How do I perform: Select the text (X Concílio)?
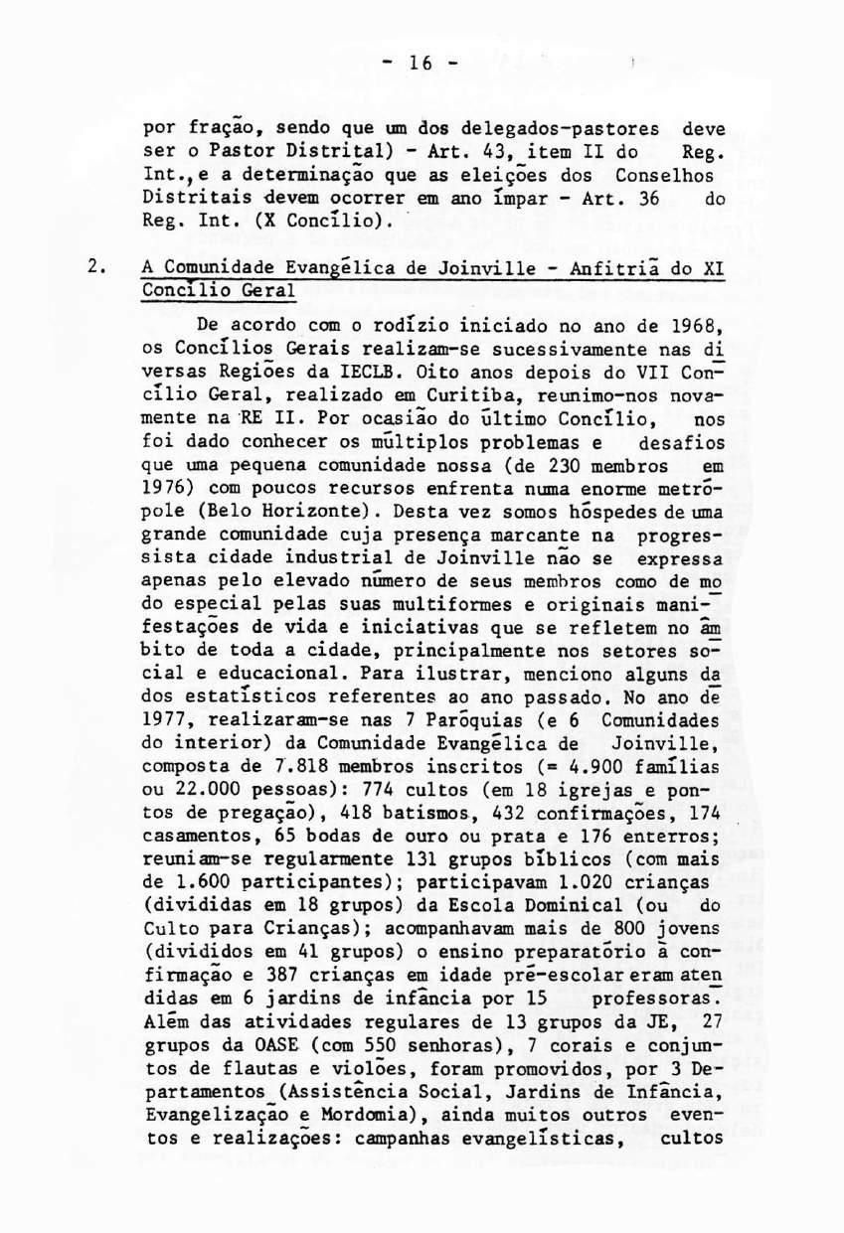pyautogui.click(x=322, y=224)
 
